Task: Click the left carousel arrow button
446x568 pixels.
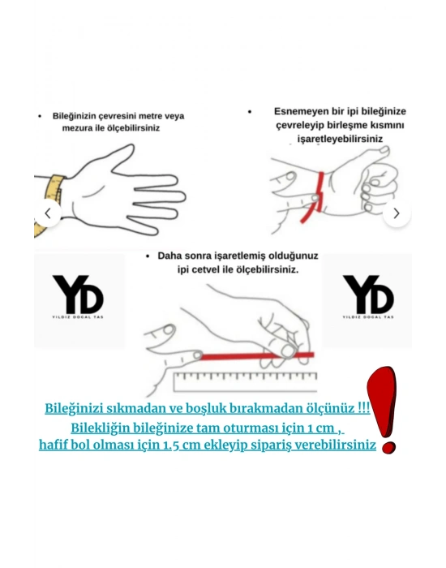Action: tap(48, 213)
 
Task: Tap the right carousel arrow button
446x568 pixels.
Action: tap(397, 213)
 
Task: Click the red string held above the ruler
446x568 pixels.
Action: tap(243, 355)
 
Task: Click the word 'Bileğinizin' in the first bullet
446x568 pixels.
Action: tap(75, 116)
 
